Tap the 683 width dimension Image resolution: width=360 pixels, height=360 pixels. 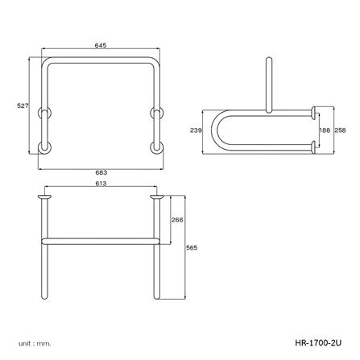pos(101,172)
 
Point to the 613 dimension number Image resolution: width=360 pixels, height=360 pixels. pos(100,185)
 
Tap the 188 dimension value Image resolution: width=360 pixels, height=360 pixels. pos(325,128)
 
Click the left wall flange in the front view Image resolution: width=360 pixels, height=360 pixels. pos(45,197)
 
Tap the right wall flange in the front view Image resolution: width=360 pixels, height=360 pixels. pos(155,197)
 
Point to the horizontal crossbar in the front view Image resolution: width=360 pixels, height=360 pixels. pos(101,239)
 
